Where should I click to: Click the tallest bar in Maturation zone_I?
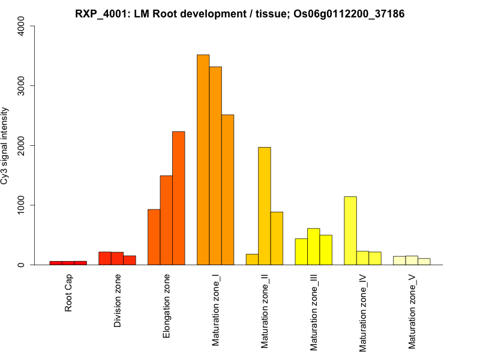tap(203, 160)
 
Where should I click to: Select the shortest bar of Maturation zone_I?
tap(227, 190)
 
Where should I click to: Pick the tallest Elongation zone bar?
tap(178, 198)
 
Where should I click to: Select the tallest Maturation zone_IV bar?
tap(350, 230)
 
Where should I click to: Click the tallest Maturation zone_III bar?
tap(313, 247)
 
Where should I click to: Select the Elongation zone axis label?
tap(167, 306)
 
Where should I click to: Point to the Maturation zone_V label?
tap(412, 311)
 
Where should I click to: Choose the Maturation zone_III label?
tap(314, 312)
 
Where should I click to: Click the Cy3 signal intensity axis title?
tap(5, 145)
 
